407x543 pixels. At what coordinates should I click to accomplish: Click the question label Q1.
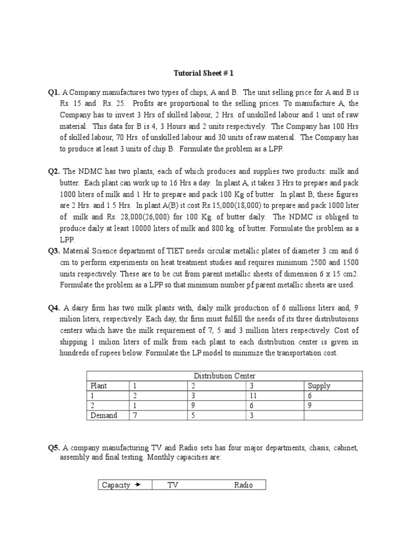click(x=54, y=92)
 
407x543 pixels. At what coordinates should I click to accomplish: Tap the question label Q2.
click(x=54, y=171)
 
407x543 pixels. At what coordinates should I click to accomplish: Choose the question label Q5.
click(x=54, y=448)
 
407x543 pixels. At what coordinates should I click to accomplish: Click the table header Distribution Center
click(x=225, y=376)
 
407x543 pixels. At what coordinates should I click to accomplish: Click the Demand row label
click(x=104, y=415)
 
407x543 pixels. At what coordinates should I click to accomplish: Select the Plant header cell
click(x=99, y=386)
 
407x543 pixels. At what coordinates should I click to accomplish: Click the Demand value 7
click(x=135, y=415)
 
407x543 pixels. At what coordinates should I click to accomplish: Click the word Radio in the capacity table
click(x=243, y=485)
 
